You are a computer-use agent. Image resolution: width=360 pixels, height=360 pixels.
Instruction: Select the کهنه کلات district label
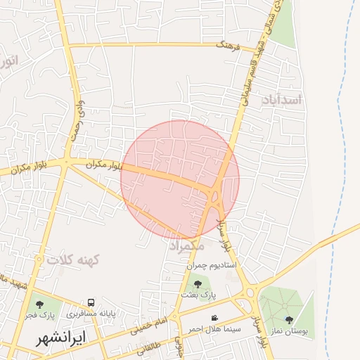[74, 260]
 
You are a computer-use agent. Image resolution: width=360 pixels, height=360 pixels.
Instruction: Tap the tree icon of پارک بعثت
[198, 284]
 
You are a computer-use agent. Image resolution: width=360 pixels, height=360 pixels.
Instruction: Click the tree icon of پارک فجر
[39, 304]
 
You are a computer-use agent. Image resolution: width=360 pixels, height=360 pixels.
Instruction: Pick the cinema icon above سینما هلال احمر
[214, 318]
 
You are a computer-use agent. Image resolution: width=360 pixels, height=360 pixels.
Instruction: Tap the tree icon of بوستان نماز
[289, 320]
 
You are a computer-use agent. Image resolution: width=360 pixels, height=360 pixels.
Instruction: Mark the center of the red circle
[180, 180]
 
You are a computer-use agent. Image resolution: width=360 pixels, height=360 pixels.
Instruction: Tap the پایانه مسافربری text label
[91, 312]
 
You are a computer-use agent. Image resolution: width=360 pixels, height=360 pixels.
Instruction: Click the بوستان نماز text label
[289, 330]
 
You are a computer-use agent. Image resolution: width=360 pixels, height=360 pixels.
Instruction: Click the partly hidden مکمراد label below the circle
[187, 246]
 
